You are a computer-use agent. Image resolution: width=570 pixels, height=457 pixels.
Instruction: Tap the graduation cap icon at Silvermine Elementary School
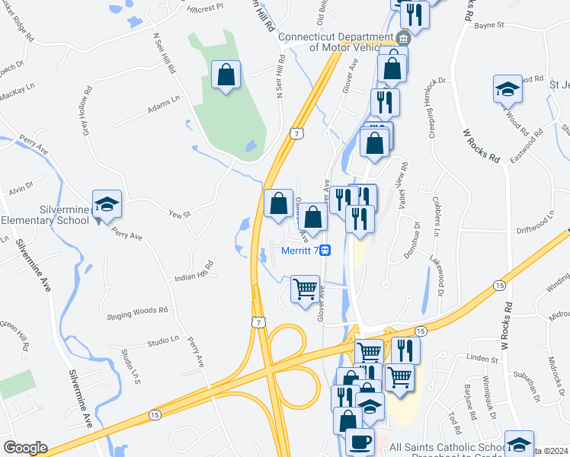(x=107, y=203)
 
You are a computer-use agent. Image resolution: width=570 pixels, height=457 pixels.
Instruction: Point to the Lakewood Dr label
(x=440, y=275)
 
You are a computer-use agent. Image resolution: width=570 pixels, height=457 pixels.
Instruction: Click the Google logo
(x=25, y=448)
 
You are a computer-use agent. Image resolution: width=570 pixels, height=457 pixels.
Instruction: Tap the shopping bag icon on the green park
(x=226, y=75)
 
